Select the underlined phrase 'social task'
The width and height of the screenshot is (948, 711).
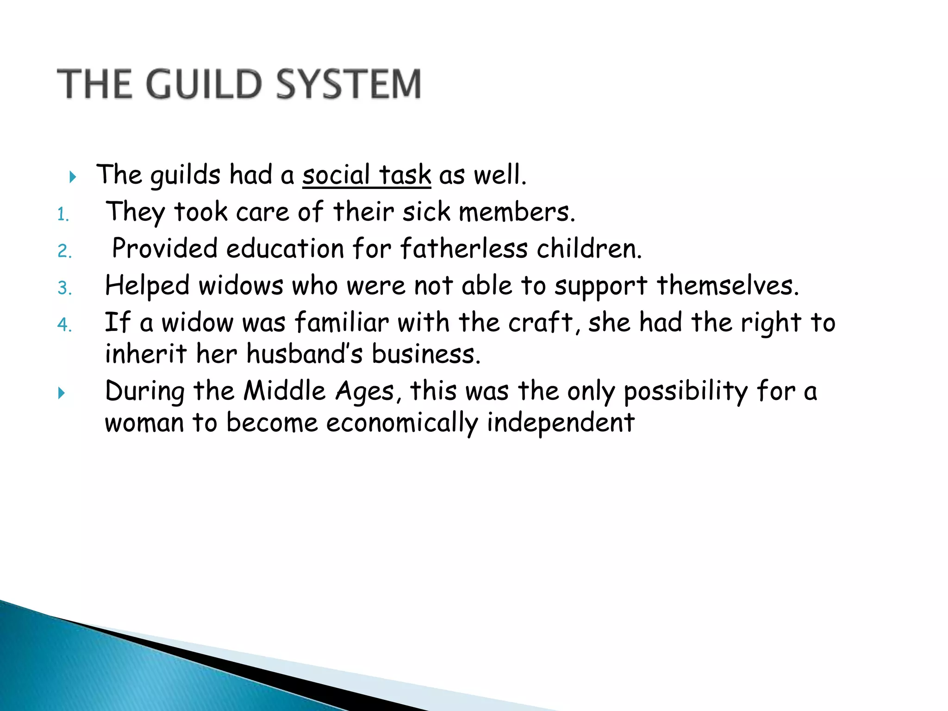click(367, 175)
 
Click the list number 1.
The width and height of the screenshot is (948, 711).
click(63, 215)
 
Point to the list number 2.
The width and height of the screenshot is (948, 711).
click(64, 251)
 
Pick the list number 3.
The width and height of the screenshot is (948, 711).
click(64, 288)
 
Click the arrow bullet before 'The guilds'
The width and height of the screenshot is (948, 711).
click(72, 176)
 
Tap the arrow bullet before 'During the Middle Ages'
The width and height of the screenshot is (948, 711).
click(61, 393)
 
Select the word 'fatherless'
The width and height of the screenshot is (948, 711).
click(464, 249)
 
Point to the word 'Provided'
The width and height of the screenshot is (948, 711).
click(164, 249)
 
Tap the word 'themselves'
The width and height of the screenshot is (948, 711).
click(727, 286)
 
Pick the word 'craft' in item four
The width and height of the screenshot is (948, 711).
click(541, 323)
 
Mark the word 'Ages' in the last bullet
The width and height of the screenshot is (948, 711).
click(365, 392)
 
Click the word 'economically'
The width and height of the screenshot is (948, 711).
click(402, 423)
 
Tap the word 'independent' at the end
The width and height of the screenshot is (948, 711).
click(561, 423)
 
